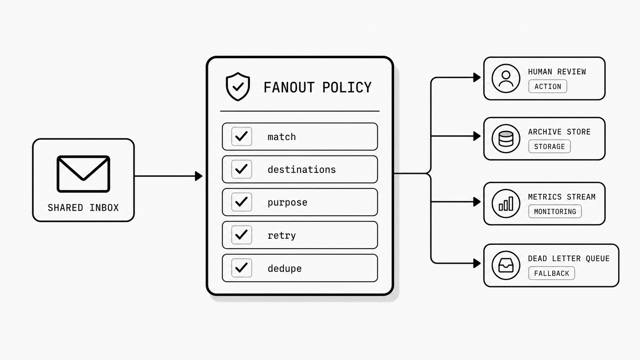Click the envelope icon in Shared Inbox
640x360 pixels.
coord(83,174)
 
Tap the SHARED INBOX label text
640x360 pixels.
coord(83,208)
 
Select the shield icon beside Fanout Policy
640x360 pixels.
coord(238,86)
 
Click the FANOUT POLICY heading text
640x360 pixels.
coord(317,88)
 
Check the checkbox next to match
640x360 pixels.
coord(242,137)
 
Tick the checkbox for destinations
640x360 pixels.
coord(242,169)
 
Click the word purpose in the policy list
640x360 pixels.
coord(287,202)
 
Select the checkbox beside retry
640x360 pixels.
coord(242,235)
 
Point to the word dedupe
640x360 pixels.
coord(284,269)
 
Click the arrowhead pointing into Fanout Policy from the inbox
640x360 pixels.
coord(198,176)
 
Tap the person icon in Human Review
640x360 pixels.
coord(506,78)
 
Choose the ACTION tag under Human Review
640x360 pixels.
coord(547,86)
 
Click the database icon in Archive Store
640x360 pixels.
coord(506,138)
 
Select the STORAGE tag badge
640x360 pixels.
coord(549,147)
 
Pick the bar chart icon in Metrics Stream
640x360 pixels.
coord(506,204)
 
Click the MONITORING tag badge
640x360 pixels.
coord(555,212)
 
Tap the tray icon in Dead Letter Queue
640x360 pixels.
coord(506,265)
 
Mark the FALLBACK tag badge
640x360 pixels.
coord(551,274)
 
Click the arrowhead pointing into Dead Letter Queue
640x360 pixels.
coord(477,263)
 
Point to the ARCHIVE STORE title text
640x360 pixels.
coord(559,132)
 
